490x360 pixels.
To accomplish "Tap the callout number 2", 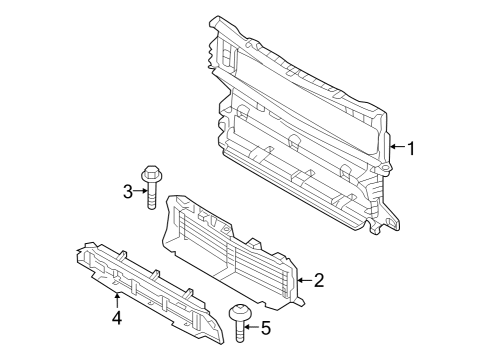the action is pyautogui.click(x=320, y=281).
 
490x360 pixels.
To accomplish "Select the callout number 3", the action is pyautogui.click(x=128, y=191).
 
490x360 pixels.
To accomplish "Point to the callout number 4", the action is pyautogui.click(x=117, y=317).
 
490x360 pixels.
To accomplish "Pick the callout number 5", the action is pyautogui.click(x=266, y=326).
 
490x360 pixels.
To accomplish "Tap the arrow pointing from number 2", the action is pyautogui.click(x=303, y=281).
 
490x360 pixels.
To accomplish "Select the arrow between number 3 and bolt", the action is pyautogui.click(x=140, y=191).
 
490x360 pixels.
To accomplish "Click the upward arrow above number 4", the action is pyautogui.click(x=117, y=299).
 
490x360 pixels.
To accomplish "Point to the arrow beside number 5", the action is pyautogui.click(x=251, y=325).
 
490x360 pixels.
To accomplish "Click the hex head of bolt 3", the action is pyautogui.click(x=152, y=176).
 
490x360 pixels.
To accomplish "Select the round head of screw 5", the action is pyautogui.click(x=239, y=313).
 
